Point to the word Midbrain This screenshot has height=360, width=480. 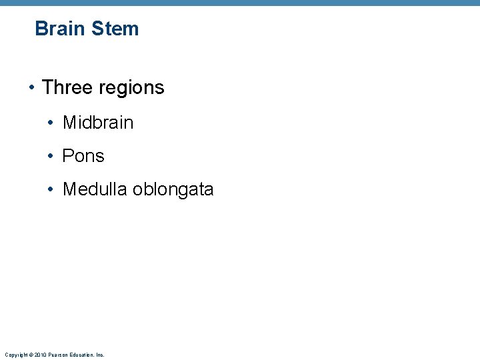98,123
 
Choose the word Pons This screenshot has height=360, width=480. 83,156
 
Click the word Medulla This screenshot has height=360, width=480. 95,189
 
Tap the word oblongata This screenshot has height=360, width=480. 173,190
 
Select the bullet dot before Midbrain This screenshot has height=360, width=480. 51,123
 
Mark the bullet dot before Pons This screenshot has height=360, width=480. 51,157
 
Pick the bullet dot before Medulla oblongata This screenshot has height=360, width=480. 51,190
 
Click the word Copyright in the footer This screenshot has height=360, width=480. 15,355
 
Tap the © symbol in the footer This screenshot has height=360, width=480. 30,355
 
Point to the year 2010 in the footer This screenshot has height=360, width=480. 39,355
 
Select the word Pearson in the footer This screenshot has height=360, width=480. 56,355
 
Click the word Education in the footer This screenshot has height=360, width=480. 81,355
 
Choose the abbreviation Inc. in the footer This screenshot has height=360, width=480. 100,355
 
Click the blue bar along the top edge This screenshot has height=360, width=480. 240,3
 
